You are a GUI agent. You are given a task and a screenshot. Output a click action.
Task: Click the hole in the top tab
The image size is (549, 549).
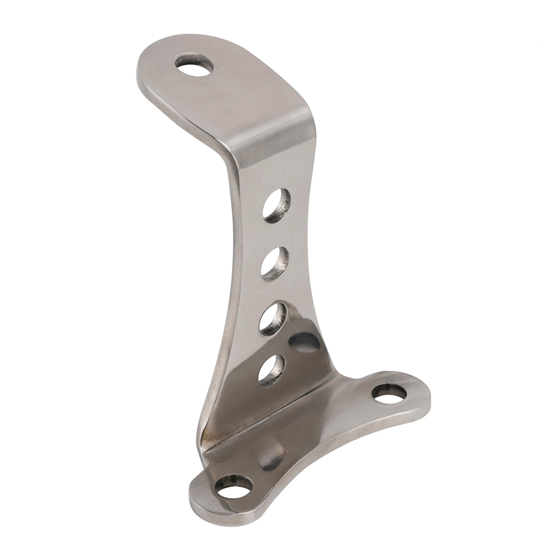192,65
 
